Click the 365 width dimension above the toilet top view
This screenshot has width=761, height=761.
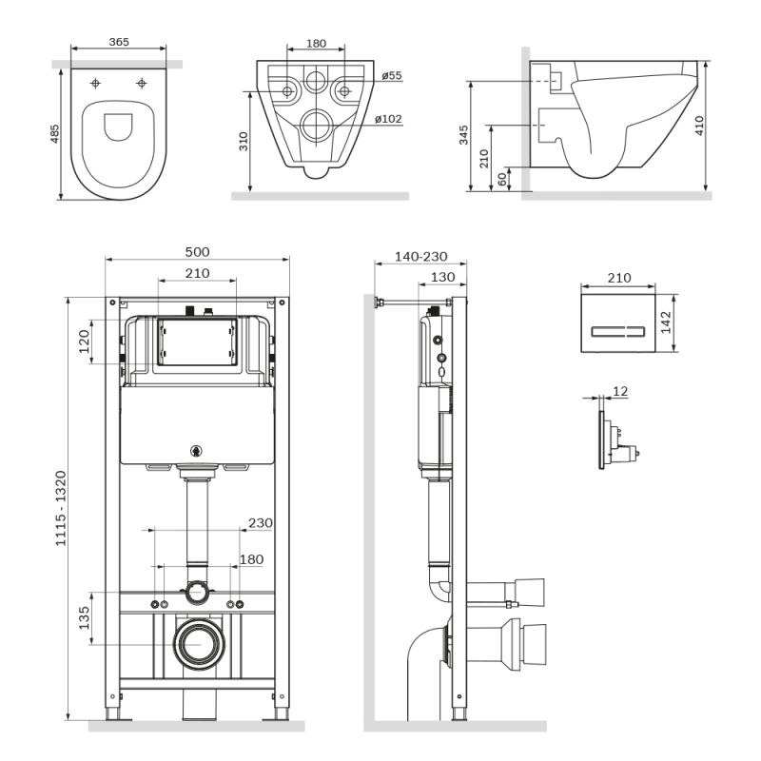pyautogui.click(x=119, y=42)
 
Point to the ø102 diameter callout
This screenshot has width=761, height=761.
pyautogui.click(x=388, y=119)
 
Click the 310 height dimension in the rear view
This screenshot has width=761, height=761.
pyautogui.click(x=244, y=142)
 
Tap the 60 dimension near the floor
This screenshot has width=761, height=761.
pyautogui.click(x=501, y=178)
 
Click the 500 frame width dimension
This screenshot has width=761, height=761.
pyautogui.click(x=197, y=252)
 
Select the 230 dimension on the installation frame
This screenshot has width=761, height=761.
pyautogui.click(x=259, y=522)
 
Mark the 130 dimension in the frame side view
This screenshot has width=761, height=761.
pyautogui.click(x=442, y=277)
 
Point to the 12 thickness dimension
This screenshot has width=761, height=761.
pyautogui.click(x=620, y=391)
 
